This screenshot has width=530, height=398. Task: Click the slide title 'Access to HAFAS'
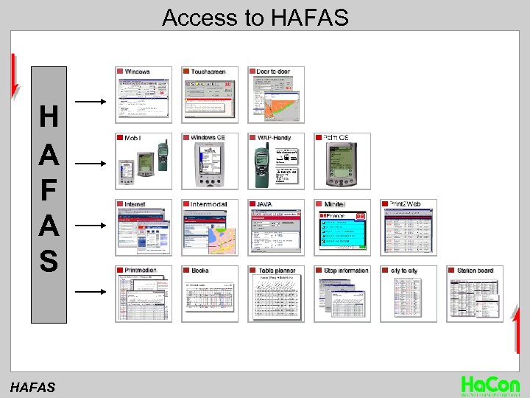click(255, 17)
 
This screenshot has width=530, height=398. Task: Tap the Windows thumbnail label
click(137, 71)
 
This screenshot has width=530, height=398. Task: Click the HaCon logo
click(490, 385)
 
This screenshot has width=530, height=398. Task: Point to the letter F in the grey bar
click(49, 189)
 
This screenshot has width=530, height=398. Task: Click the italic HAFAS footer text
click(32, 385)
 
